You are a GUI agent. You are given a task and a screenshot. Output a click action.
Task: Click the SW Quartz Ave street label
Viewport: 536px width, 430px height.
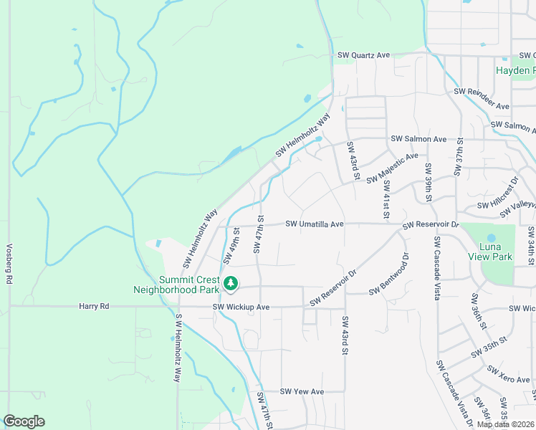(364, 55)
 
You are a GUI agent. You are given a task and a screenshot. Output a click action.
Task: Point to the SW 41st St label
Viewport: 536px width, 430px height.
(386, 199)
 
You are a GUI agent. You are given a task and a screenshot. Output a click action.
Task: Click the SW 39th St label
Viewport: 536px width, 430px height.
(428, 183)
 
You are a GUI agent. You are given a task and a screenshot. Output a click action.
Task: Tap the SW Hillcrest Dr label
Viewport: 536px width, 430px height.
(495, 192)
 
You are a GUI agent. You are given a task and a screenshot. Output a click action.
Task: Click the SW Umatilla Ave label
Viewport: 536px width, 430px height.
(315, 224)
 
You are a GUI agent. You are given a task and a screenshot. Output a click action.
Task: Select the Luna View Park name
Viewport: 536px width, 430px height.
(495, 252)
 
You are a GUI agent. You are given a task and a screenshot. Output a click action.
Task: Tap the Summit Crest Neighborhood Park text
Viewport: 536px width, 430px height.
(179, 285)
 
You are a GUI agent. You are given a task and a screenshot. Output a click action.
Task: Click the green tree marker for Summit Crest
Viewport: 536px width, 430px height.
(231, 285)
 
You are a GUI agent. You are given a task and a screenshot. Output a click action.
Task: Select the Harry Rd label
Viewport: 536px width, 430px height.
(94, 306)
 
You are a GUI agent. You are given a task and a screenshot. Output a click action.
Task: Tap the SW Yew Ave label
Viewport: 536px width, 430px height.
(302, 391)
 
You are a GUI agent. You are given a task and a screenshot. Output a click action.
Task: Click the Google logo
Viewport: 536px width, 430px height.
(24, 421)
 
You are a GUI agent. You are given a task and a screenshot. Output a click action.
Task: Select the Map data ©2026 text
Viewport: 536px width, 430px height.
(505, 424)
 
